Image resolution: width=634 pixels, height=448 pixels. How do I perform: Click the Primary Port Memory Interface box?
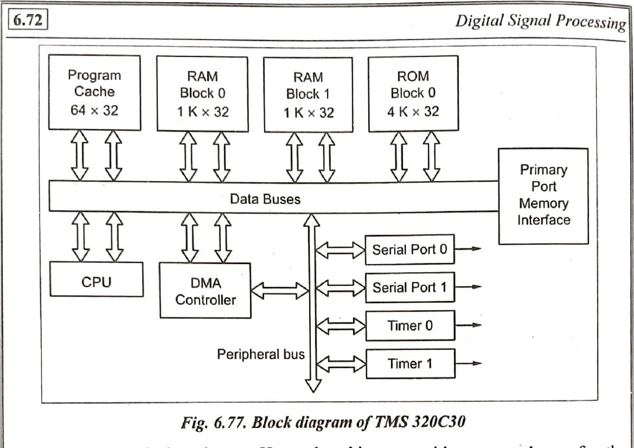point(544,195)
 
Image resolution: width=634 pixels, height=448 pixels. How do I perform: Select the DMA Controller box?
point(204,290)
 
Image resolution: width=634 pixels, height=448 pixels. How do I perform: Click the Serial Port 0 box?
point(409,249)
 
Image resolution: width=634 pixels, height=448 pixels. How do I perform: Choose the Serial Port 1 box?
point(409,288)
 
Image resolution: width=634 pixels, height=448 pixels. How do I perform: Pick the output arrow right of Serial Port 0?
point(470,249)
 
